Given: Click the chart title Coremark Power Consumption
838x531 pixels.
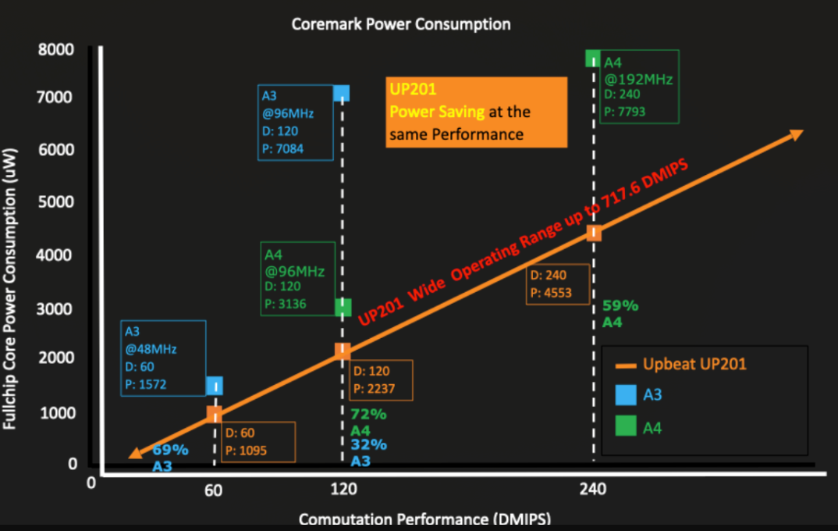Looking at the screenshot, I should (400, 23).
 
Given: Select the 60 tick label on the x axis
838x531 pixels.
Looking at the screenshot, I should (214, 490).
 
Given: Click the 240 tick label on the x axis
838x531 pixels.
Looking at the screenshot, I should (593, 490).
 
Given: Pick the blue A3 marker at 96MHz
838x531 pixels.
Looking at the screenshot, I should (341, 93).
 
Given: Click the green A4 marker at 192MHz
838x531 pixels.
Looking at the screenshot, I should (593, 59).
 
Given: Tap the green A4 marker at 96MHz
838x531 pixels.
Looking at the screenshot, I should (343, 308).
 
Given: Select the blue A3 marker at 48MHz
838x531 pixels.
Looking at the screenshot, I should (215, 385).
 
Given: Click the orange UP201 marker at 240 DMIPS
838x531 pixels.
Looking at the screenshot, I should (594, 233).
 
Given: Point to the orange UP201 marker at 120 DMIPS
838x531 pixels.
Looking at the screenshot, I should (342, 350).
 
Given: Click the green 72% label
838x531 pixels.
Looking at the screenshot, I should (369, 415).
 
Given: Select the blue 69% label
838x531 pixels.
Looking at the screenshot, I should (170, 450).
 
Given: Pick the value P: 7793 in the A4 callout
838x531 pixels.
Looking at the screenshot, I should (625, 111).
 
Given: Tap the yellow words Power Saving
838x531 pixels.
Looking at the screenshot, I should (437, 112).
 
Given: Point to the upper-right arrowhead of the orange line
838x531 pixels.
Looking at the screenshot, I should (796, 134).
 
